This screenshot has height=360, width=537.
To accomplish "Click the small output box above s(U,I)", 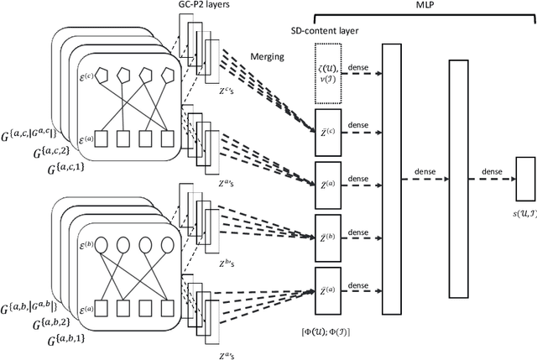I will pos(525,178).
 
